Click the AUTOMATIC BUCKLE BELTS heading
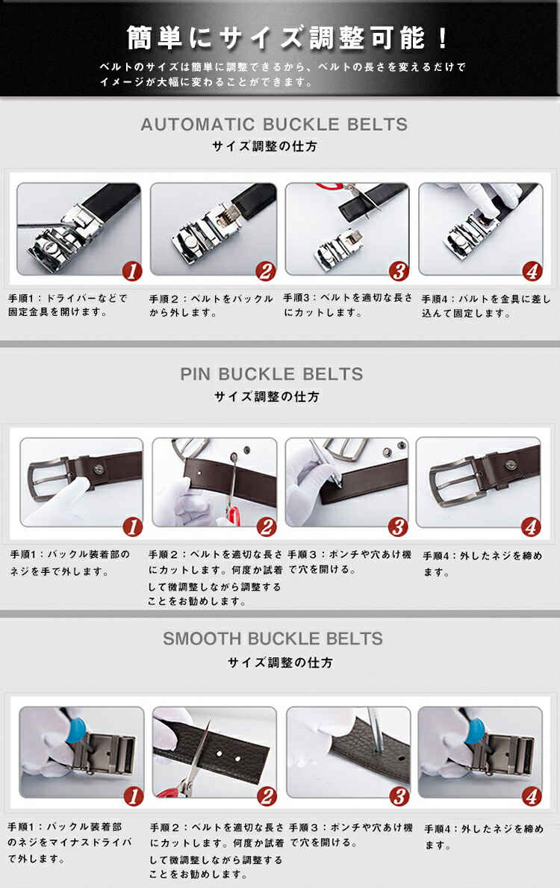click(x=274, y=125)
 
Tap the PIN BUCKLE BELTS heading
click(x=272, y=374)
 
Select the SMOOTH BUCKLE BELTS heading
click(x=273, y=639)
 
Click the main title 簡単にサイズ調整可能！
click(x=287, y=39)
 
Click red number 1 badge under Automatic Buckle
click(x=132, y=271)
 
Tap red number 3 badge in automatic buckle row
click(x=399, y=271)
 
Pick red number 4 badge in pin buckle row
click(x=531, y=527)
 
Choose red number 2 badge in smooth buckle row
click(x=267, y=796)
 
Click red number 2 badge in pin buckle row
click(x=267, y=527)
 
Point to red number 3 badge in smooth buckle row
click(x=399, y=796)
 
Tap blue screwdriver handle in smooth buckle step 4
click(x=474, y=730)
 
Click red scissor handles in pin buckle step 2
click(x=233, y=515)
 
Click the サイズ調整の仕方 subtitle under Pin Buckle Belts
click(x=267, y=397)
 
